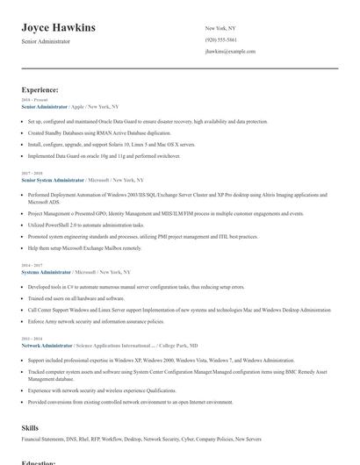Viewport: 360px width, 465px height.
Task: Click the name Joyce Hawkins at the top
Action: point(59,28)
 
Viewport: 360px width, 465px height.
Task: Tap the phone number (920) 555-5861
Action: point(220,39)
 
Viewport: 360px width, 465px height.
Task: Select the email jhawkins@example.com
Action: point(230,52)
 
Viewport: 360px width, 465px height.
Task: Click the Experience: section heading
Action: point(40,89)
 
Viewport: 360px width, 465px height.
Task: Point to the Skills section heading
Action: point(30,427)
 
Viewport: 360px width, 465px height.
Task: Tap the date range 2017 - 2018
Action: point(31,174)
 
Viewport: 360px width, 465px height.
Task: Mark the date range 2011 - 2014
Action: point(31,340)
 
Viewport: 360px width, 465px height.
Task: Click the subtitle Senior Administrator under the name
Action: point(46,41)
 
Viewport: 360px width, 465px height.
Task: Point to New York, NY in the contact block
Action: point(220,28)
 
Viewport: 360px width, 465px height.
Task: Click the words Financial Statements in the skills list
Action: point(40,438)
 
